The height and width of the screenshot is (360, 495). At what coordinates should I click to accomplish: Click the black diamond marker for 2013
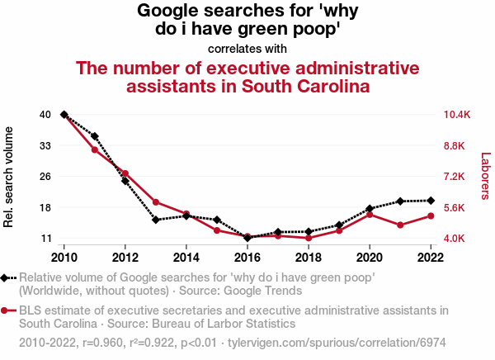point(156,220)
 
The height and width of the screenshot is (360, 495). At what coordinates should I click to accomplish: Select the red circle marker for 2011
point(95,149)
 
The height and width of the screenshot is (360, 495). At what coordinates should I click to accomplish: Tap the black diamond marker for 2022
point(431,201)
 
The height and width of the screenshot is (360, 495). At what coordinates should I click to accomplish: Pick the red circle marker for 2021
point(400,225)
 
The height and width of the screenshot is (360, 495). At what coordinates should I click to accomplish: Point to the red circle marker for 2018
point(309,238)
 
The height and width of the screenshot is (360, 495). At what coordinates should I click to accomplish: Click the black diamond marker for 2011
point(95,136)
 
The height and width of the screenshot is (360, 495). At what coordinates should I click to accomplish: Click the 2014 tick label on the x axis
point(186,256)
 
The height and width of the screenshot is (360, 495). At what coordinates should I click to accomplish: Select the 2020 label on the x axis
point(370,256)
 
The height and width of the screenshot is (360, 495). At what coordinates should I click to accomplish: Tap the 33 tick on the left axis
point(45,145)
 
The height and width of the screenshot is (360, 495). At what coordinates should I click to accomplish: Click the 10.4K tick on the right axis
point(456,115)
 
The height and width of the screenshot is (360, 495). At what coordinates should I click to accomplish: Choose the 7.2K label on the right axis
point(455,177)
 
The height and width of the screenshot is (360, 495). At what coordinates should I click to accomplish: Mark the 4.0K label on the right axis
point(455,239)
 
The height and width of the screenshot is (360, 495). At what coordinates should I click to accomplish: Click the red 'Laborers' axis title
point(485,176)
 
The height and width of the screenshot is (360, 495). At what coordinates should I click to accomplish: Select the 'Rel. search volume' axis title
point(9,177)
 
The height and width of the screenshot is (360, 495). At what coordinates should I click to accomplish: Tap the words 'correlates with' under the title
point(247,49)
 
